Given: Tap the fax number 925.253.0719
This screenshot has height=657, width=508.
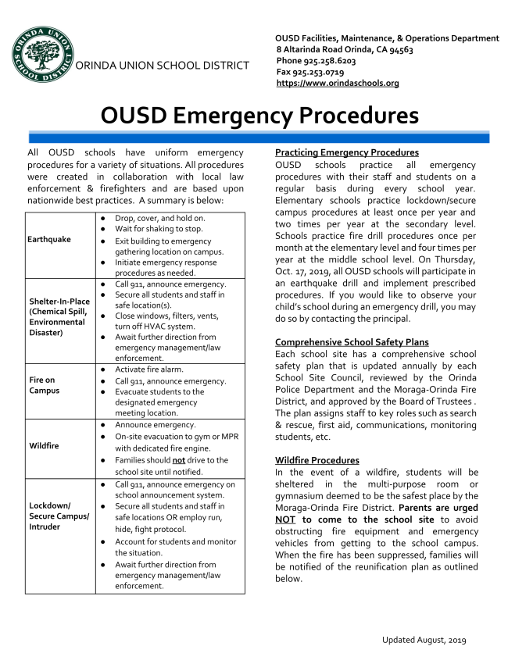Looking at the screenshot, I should click(317, 71).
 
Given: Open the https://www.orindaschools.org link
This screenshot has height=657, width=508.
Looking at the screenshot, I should click(338, 83).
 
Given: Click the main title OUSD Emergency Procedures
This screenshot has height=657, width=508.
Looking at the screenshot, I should click(259, 116).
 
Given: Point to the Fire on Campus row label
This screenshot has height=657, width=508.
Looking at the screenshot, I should click(44, 385).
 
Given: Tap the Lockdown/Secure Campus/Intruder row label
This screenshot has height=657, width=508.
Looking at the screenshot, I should click(59, 516).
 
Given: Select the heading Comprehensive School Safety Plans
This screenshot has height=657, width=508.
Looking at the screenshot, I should click(352, 342).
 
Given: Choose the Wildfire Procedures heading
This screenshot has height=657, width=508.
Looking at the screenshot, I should click(317, 460).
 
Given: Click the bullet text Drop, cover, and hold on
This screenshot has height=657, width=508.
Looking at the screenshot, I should click(160, 218).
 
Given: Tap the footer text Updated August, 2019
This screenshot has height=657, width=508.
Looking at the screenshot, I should click(424, 640).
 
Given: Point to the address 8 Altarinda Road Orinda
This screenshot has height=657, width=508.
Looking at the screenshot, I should click(344, 49).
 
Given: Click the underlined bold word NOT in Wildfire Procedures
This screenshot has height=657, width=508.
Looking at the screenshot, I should click(287, 520).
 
